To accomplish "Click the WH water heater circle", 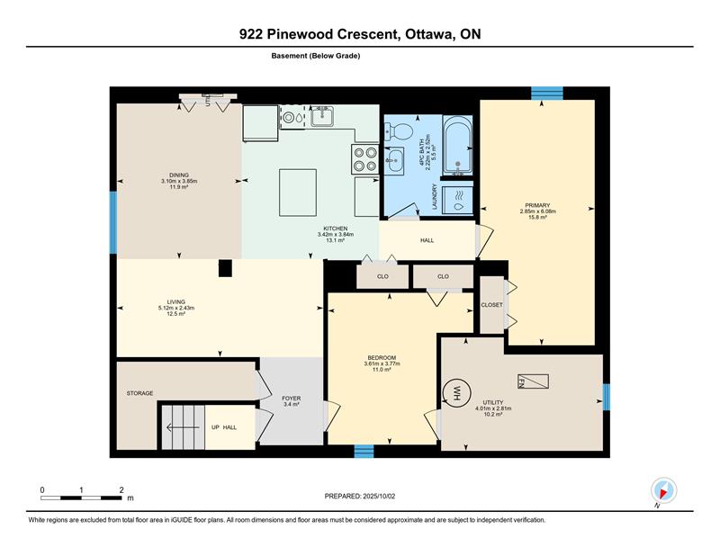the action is pos(457,393).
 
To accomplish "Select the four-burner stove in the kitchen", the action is pos(365,159).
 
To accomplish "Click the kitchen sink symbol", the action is pos(322,116).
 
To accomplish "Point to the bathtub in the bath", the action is pos(458,145).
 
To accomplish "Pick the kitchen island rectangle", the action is pos(298,193).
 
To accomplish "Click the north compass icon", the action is pos(663,490).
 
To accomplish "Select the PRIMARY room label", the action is pos(537,205).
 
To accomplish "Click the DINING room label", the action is pos(179,175).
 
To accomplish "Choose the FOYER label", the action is pos(291,398).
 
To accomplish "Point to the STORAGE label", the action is pos(140,393).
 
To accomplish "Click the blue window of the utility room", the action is pos(606,397).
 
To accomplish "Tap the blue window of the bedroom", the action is pos(364,452).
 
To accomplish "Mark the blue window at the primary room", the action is pos(547,94).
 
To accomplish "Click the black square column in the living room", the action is pos(225,268).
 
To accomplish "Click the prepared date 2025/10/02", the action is pos(379,497).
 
